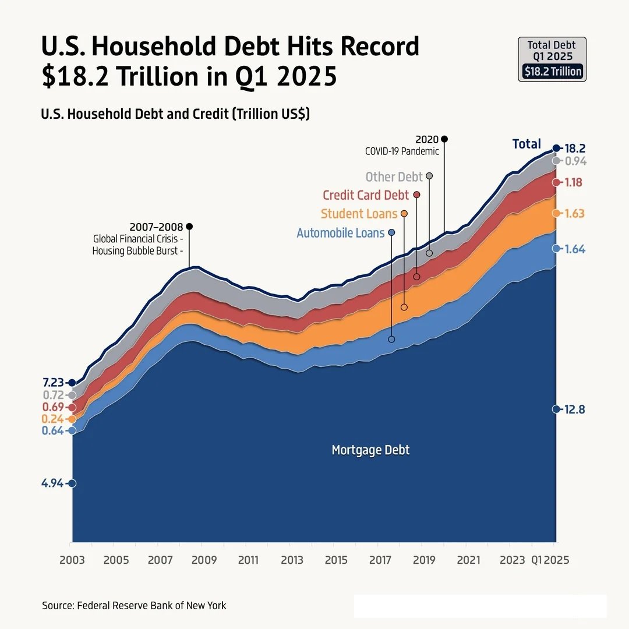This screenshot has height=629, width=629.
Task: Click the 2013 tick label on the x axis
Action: (x=292, y=560)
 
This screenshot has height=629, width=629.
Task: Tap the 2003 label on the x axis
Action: (x=72, y=560)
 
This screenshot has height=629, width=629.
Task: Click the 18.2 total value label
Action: (x=575, y=148)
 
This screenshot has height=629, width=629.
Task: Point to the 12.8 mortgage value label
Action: (x=574, y=409)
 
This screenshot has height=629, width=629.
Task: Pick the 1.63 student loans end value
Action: (x=574, y=214)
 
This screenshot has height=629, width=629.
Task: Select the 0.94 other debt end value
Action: (x=575, y=161)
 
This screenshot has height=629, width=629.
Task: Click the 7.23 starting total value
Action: (x=54, y=383)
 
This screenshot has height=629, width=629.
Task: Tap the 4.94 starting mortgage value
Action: (x=54, y=483)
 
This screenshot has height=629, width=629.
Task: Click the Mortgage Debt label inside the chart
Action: (x=370, y=450)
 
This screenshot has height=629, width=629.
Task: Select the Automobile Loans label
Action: (x=340, y=233)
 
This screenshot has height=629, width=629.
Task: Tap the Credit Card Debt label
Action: (x=366, y=195)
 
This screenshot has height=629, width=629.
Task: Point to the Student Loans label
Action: (x=359, y=214)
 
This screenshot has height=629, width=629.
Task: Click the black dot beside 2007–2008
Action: (x=189, y=226)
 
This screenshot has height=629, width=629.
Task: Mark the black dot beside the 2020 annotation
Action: (x=444, y=139)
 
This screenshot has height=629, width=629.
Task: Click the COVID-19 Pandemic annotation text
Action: (x=402, y=151)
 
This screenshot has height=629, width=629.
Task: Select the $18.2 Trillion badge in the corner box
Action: (x=552, y=72)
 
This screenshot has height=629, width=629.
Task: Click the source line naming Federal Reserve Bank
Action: (x=134, y=605)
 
